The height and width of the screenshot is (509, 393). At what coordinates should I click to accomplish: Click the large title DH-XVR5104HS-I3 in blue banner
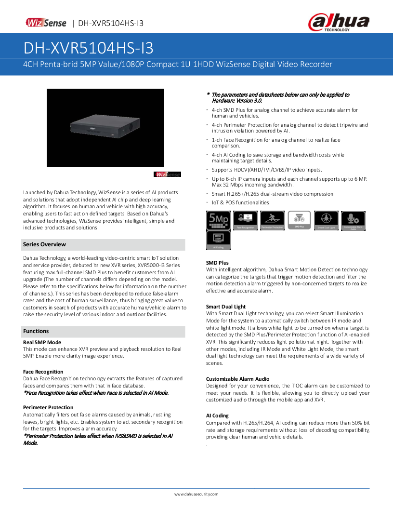(x=89, y=48)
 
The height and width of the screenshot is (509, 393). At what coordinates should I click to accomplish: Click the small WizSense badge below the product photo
(x=167, y=174)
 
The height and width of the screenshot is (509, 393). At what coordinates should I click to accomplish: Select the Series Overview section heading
(x=44, y=244)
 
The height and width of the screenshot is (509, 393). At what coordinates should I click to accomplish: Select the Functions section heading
(x=36, y=331)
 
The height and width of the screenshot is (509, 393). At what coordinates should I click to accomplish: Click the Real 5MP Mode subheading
(x=42, y=342)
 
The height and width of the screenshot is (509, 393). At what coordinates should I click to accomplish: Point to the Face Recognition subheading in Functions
(x=43, y=372)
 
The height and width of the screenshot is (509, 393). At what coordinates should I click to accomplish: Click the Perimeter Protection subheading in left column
(x=47, y=407)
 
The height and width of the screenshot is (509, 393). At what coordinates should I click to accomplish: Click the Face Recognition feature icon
(x=245, y=220)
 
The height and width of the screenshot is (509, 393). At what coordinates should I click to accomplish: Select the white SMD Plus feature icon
(x=299, y=220)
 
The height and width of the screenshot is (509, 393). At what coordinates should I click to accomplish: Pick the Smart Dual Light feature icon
(x=326, y=220)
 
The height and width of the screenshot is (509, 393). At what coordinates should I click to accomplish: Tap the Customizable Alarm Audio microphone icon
(x=353, y=220)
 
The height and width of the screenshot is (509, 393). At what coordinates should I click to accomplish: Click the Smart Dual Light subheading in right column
(x=226, y=307)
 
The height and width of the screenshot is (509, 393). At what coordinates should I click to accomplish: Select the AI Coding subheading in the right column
(x=217, y=415)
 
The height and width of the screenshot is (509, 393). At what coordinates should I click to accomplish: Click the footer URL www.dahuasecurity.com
(x=196, y=494)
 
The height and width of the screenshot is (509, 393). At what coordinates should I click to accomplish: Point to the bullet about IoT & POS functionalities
(x=241, y=203)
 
